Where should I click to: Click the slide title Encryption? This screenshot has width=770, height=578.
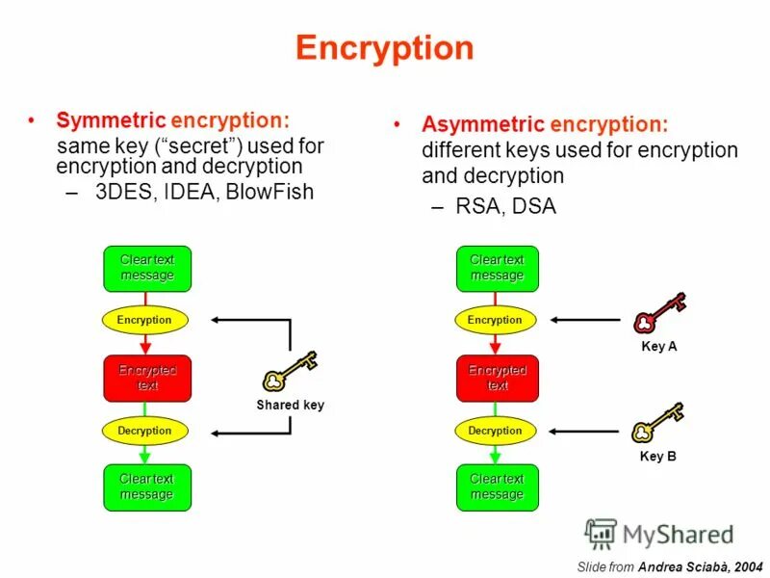point(384,48)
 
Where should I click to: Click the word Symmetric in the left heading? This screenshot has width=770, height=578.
point(110,120)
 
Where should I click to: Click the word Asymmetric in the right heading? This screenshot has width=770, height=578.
point(482,124)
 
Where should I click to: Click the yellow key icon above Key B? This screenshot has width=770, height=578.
point(656,424)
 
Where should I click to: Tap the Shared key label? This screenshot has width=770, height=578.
point(290,406)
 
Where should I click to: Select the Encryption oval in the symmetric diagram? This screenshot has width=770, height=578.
point(144,320)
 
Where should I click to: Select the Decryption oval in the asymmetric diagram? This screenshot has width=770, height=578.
point(495,431)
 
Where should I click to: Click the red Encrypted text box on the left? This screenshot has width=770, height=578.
point(147,378)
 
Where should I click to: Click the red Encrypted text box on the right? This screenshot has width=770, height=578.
point(497,378)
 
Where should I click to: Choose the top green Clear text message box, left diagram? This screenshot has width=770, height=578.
point(147,268)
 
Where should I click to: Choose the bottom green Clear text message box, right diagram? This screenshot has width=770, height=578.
point(497,486)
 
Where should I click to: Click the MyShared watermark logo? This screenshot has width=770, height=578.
point(659,534)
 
